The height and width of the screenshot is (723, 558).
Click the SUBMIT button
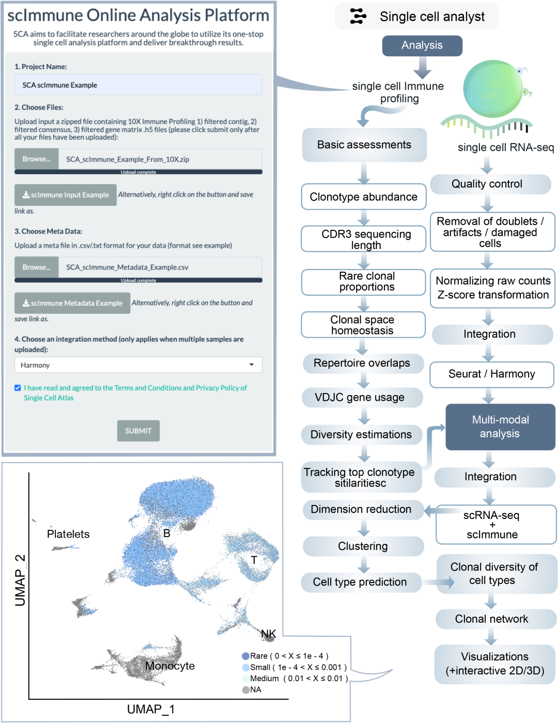[x=138, y=431]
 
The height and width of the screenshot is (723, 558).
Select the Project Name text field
[x=138, y=85]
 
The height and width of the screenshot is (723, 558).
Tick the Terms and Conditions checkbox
[x=18, y=388]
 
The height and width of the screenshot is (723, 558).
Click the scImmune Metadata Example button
[x=72, y=303]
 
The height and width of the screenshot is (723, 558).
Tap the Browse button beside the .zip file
[x=36, y=159]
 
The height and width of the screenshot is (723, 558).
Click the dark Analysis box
[x=422, y=45]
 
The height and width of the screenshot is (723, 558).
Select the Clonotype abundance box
[x=363, y=197]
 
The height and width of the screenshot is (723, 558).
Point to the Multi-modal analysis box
[x=500, y=427]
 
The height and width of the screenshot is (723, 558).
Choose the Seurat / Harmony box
[x=491, y=374]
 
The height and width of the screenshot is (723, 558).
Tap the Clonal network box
[x=491, y=619]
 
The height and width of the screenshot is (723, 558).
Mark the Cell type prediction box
[x=360, y=582]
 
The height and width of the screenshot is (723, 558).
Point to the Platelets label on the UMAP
[x=68, y=534]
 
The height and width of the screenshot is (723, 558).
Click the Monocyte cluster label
[x=170, y=666]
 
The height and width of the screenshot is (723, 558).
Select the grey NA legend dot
[x=246, y=690]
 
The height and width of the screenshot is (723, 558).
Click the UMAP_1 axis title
[x=151, y=709]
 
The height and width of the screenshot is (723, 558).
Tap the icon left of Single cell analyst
[x=358, y=17]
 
